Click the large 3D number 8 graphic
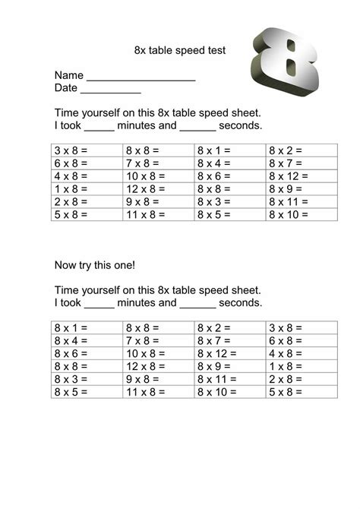pyautogui.click(x=290, y=65)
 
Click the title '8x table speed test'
pyautogui.click(x=179, y=50)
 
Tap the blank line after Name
pyautogui.click(x=141, y=77)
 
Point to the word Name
pyautogui.click(x=68, y=76)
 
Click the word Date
pyautogui.click(x=66, y=88)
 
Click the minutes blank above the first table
pyautogui.click(x=99, y=125)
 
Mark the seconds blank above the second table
pyautogui.click(x=198, y=302)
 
